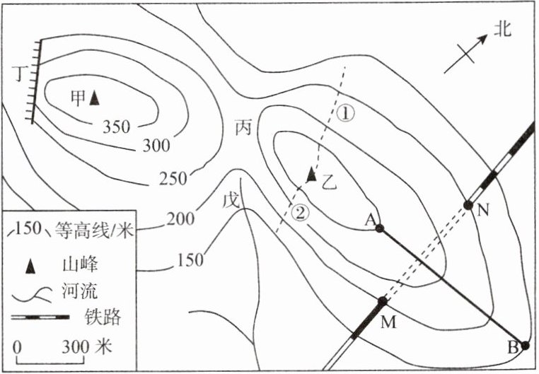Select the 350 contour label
click(116, 127)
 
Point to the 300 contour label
click(156, 146)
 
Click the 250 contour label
click(174, 180)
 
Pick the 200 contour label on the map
click(181, 219)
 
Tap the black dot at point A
click(379, 228)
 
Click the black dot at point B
click(526, 345)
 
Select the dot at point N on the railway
click(468, 205)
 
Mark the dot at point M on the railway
click(383, 301)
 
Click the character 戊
click(232, 199)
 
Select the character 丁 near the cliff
click(19, 72)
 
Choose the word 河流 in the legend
click(97, 292)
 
